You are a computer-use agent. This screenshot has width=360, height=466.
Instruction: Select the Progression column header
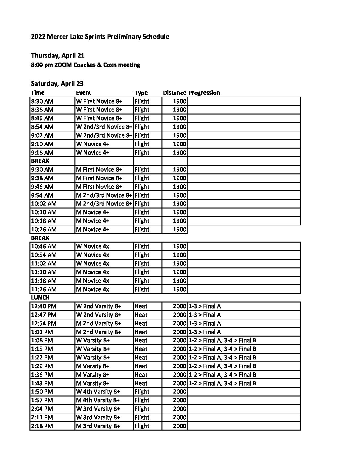tap(204, 93)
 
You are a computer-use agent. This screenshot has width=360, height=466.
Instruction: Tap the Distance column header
tap(174, 93)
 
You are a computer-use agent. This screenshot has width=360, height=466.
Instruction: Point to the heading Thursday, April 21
tap(58, 55)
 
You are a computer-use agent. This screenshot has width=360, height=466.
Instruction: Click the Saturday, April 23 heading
tap(57, 83)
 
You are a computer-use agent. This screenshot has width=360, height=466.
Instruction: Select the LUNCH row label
tap(40, 298)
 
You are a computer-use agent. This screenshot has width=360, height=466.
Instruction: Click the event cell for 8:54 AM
tap(104, 127)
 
